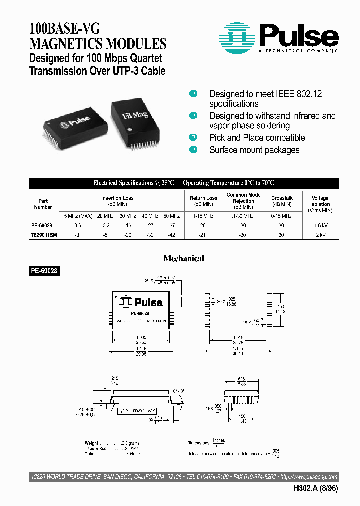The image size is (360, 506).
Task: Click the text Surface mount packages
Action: tap(254, 150)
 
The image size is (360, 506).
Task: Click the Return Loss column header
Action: tap(204, 198)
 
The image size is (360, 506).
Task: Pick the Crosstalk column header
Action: tap(282, 198)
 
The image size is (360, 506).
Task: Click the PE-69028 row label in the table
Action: tap(43, 226)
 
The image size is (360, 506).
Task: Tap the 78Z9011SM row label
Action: tap(43, 235)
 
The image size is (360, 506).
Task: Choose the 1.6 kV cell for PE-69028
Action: tap(320, 226)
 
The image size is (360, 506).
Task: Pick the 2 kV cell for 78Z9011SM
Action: tap(320, 235)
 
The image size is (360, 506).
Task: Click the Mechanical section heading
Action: tap(184, 259)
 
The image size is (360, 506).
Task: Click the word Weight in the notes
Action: tap(92, 443)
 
